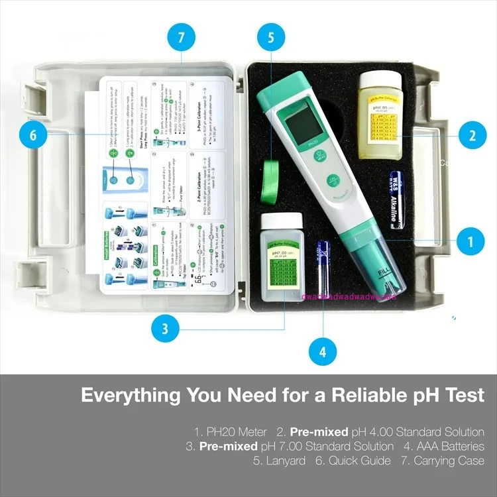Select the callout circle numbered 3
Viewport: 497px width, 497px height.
tap(165, 328)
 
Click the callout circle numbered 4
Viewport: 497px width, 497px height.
tap(323, 351)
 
